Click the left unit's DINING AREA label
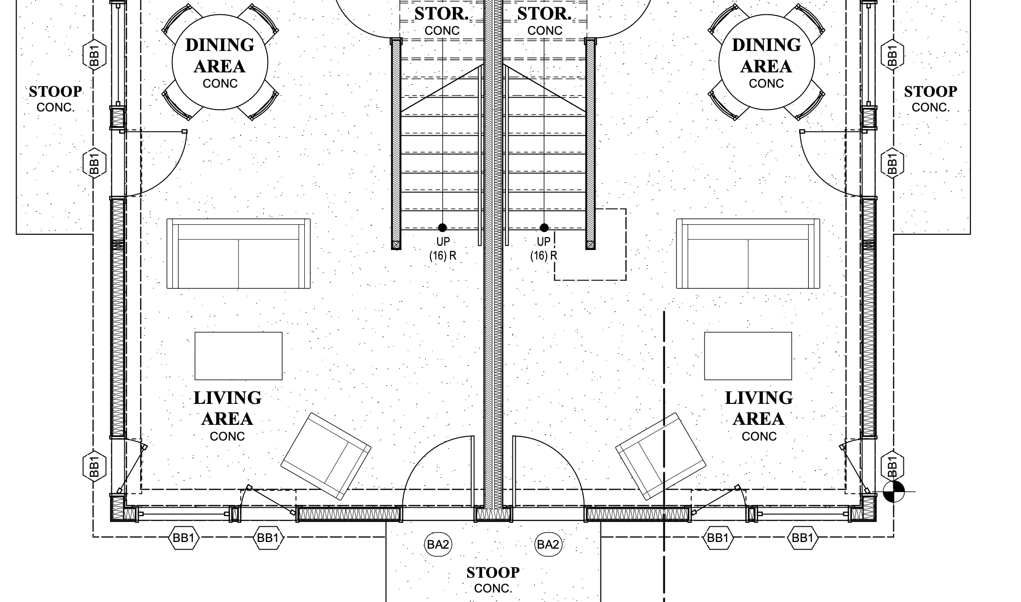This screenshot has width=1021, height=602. click(220, 56)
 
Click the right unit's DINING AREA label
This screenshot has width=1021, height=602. click(766, 56)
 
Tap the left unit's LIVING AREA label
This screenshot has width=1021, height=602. click(227, 408)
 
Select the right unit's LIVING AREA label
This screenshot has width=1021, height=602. click(759, 408)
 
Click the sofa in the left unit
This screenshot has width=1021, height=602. click(239, 254)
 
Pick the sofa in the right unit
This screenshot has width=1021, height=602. click(748, 254)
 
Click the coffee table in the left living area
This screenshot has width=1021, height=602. click(239, 356)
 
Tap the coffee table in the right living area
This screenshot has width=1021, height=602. click(748, 356)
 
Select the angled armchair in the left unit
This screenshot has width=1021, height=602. click(326, 456)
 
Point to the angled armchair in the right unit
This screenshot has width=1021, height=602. click(661, 456)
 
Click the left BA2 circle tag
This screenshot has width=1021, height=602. click(438, 544)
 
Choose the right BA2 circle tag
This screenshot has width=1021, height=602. click(548, 544)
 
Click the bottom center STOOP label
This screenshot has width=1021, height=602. click(493, 572)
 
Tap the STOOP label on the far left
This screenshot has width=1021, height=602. click(55, 91)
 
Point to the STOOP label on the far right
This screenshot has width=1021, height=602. click(931, 91)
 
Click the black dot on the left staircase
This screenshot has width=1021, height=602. click(442, 228)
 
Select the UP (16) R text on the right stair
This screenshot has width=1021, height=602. click(543, 249)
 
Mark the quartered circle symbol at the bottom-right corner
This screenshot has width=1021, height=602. click(894, 491)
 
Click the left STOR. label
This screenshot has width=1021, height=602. click(441, 14)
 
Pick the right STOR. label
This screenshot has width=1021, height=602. click(544, 14)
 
